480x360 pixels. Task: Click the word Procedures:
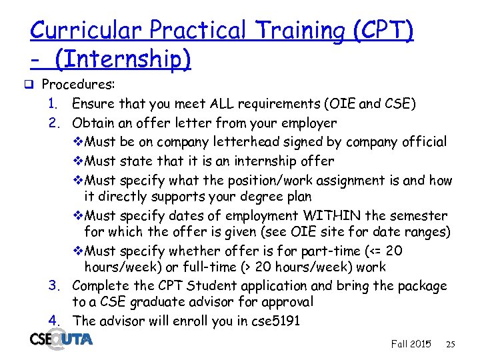(79, 85)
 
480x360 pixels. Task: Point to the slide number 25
(451, 345)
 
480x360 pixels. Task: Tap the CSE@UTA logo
(61, 340)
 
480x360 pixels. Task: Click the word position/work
(240, 181)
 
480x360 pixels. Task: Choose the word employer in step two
(310, 123)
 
